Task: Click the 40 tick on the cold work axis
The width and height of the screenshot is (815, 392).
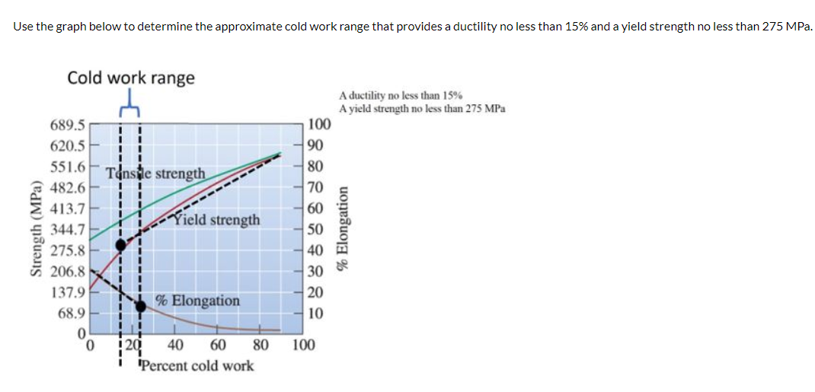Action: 175,345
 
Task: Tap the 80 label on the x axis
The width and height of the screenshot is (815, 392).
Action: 260,345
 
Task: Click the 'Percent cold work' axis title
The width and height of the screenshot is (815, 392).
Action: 198,365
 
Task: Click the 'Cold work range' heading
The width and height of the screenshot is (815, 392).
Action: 131,78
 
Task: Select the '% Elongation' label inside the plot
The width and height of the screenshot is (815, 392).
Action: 197,301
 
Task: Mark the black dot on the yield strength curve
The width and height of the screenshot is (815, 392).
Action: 120,244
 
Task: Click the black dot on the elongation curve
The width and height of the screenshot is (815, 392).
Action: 141,306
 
